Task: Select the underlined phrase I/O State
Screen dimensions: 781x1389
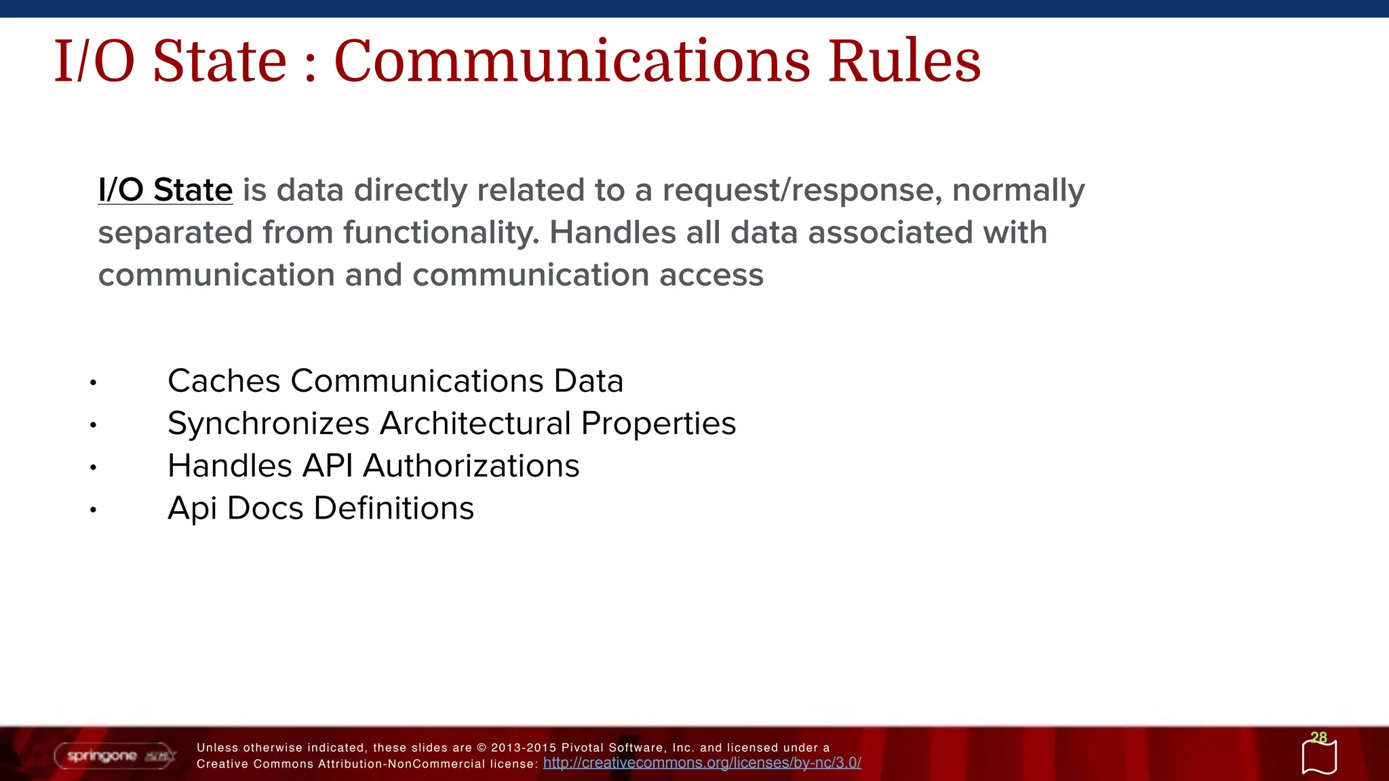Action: (165, 190)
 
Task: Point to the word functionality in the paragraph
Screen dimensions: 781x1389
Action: (441, 233)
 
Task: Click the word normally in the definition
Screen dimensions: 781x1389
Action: (1018, 191)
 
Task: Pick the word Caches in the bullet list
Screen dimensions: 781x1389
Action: (224, 381)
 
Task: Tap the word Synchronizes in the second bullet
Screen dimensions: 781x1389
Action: (269, 424)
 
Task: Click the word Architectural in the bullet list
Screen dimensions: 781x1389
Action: (475, 424)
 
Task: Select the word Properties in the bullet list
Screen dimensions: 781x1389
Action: (658, 424)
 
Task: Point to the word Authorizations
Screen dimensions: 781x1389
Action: (471, 466)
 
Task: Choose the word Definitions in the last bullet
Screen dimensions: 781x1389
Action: (393, 508)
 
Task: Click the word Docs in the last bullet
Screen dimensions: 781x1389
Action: (265, 508)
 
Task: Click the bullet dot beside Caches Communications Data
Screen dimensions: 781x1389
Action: (94, 383)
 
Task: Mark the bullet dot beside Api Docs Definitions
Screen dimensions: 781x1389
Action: (94, 510)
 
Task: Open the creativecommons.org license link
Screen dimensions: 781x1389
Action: (702, 763)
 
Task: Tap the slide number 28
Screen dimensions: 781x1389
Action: (1318, 738)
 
